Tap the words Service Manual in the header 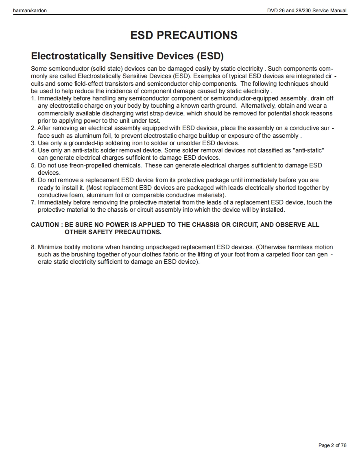pos(329,10)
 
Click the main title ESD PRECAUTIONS pos(184,35)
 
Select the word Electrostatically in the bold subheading pos(69,56)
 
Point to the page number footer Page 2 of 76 pos(332,445)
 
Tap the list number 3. pos(33,143)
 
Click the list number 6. pos(33,180)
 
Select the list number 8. pos(33,247)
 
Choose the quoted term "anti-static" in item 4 pos(308,150)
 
